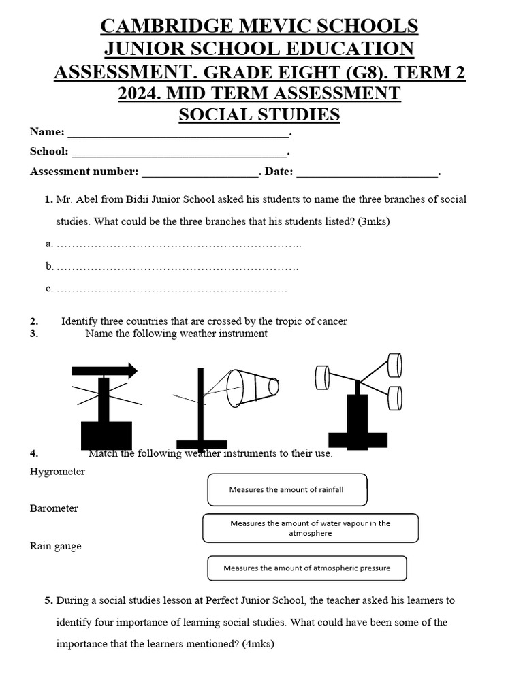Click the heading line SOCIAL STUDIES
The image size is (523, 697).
(x=259, y=114)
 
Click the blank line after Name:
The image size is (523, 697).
(x=178, y=133)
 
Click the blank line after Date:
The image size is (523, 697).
(x=367, y=172)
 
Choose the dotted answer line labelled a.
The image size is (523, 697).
(x=178, y=244)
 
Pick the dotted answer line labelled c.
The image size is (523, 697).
(x=172, y=289)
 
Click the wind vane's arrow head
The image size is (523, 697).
(x=130, y=370)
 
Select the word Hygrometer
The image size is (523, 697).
(x=58, y=472)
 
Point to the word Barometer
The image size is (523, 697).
(x=54, y=508)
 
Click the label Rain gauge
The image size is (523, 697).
(x=56, y=546)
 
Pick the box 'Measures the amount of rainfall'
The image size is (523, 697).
(x=287, y=490)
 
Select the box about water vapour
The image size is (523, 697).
(x=311, y=528)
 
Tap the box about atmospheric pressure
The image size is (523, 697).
(x=306, y=568)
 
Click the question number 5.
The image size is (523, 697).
(x=49, y=600)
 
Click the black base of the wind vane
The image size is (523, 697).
(x=106, y=435)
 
